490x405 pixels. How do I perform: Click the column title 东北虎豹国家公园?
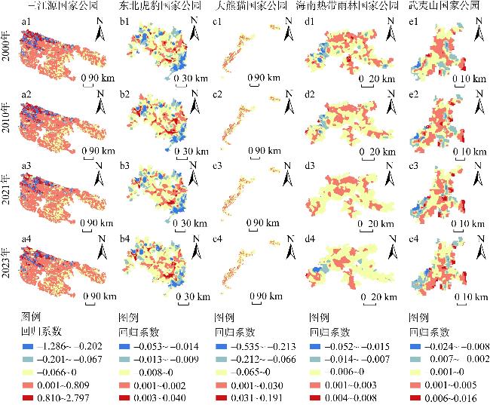click(157, 6)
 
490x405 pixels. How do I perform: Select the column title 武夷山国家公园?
click(443, 6)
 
